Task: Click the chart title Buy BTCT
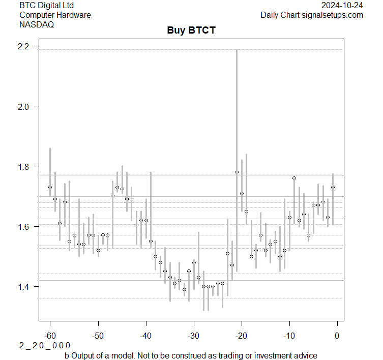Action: click(x=191, y=31)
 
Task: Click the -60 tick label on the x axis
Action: click(x=50, y=336)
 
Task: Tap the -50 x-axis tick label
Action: click(x=98, y=336)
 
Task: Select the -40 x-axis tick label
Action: click(x=145, y=336)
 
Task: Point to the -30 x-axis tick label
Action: click(x=193, y=336)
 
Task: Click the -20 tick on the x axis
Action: click(x=241, y=336)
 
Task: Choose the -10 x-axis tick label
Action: click(x=289, y=336)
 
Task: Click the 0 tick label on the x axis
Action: click(x=337, y=336)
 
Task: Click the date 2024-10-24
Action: click(x=342, y=6)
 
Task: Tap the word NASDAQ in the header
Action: click(x=37, y=24)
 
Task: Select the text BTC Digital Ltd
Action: click(x=46, y=6)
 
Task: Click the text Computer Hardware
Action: click(x=55, y=15)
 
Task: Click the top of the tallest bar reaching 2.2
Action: click(x=237, y=50)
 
